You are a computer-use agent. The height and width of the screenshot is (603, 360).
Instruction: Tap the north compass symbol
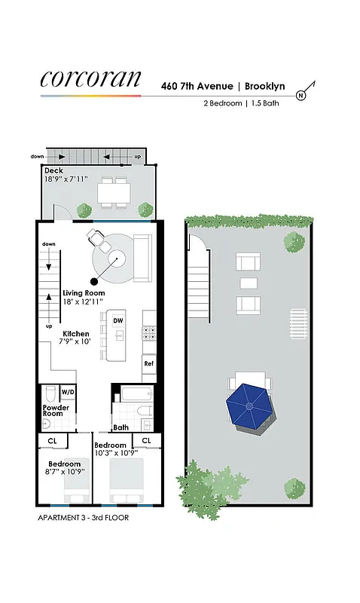[301, 95]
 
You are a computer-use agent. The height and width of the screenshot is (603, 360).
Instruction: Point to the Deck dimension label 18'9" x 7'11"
[66, 179]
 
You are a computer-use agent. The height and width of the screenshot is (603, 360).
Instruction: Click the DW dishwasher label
[117, 321]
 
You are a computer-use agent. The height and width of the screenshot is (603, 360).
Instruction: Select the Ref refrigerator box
[148, 363]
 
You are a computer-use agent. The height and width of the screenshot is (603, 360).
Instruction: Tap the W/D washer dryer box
[68, 392]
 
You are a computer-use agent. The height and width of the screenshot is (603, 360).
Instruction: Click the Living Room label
[84, 292]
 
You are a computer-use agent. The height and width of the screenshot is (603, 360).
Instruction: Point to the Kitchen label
[76, 333]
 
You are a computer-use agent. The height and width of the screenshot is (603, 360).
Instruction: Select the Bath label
[121, 427]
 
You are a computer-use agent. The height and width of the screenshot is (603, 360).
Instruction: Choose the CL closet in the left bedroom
[52, 440]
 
